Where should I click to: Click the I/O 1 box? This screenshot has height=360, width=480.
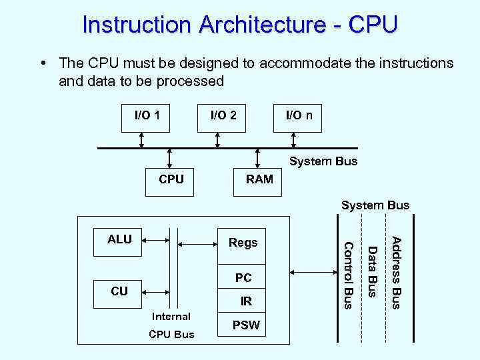[x=146, y=116]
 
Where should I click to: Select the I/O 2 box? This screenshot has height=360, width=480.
[x=223, y=116]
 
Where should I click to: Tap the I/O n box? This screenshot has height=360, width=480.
[x=299, y=116]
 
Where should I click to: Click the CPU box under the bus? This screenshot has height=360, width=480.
[x=171, y=179]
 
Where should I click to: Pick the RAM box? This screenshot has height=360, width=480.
[x=259, y=179]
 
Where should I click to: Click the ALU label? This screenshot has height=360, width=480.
[x=120, y=239]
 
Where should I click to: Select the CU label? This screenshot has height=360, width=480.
[x=119, y=291]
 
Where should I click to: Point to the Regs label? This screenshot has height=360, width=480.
[x=243, y=243]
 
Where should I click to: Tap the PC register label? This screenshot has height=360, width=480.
[x=243, y=277]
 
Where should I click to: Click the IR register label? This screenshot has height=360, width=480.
[x=246, y=301]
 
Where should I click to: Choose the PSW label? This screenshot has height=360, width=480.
[x=245, y=326]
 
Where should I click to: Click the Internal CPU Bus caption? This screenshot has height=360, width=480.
[x=171, y=325]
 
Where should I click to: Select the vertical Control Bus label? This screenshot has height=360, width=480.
[x=347, y=275]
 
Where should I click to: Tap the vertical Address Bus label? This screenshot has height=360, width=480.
[x=396, y=273]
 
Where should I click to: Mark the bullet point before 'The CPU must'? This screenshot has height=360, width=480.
[x=42, y=63]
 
